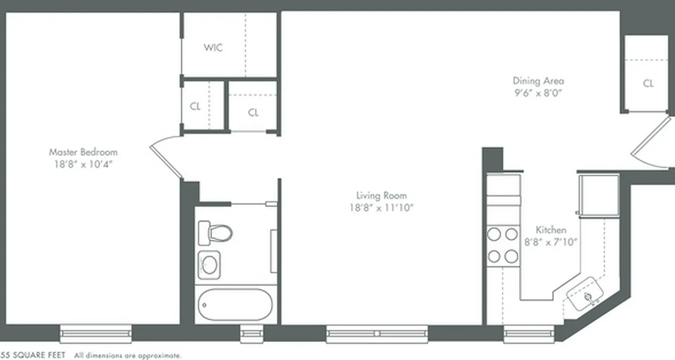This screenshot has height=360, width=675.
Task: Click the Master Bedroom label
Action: click(x=83, y=152)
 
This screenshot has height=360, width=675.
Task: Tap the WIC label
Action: click(x=213, y=48)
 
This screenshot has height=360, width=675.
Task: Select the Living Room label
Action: click(x=381, y=196)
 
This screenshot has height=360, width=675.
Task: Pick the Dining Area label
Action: click(x=538, y=81)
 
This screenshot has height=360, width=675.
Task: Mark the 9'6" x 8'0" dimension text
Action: click(x=538, y=93)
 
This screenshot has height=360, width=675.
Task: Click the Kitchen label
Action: click(x=551, y=230)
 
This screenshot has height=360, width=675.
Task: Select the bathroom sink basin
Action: click(x=209, y=265)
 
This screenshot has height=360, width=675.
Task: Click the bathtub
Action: click(x=235, y=305)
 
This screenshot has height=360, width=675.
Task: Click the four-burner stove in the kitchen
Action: click(x=503, y=245)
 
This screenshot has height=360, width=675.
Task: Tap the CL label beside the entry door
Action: click(x=648, y=84)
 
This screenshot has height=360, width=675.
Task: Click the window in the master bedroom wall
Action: click(x=96, y=334)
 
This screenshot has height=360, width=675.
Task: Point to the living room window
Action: click(x=377, y=334)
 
